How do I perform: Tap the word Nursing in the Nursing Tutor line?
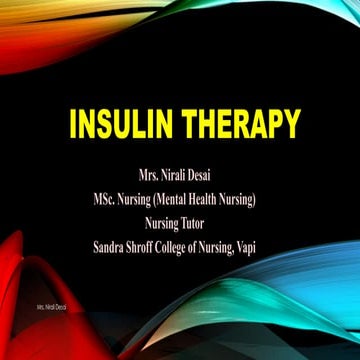167,224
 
